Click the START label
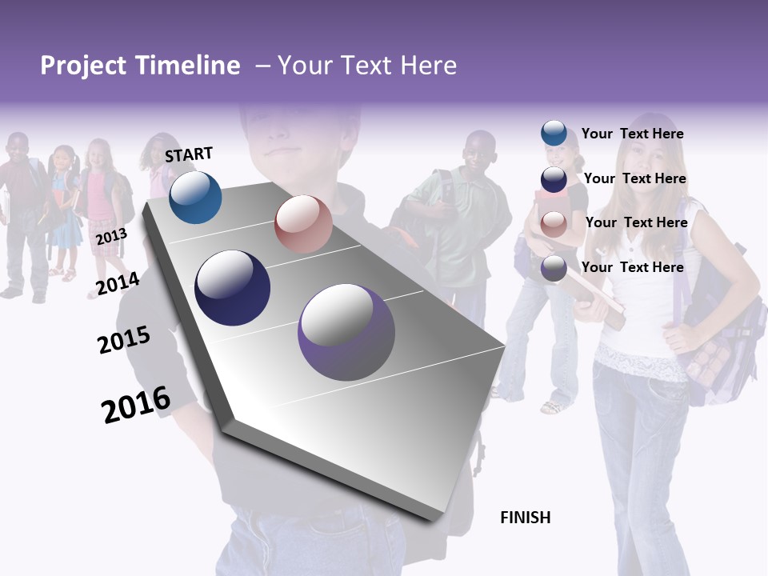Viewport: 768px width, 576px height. pyautogui.click(x=189, y=154)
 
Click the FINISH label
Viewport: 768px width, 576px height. pyautogui.click(x=525, y=518)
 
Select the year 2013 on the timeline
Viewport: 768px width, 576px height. pyautogui.click(x=111, y=237)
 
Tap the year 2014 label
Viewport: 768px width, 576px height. pyautogui.click(x=118, y=284)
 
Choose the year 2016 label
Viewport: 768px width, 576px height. pyautogui.click(x=136, y=404)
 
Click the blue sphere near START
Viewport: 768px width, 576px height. pyautogui.click(x=195, y=197)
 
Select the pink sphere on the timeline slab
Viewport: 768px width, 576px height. pyautogui.click(x=302, y=224)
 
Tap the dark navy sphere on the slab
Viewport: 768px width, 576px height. pyautogui.click(x=232, y=288)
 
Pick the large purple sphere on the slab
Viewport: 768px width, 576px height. pyautogui.click(x=346, y=332)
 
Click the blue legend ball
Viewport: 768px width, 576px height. pyautogui.click(x=554, y=134)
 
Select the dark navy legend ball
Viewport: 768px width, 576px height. pyautogui.click(x=554, y=179)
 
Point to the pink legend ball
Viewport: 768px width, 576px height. pyautogui.click(x=554, y=224)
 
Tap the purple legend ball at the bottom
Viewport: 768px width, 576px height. pyautogui.click(x=554, y=268)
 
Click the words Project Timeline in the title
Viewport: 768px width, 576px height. pyautogui.click(x=140, y=66)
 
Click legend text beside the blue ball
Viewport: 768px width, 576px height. pyautogui.click(x=632, y=134)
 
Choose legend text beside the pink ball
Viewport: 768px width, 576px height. pyautogui.click(x=636, y=222)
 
